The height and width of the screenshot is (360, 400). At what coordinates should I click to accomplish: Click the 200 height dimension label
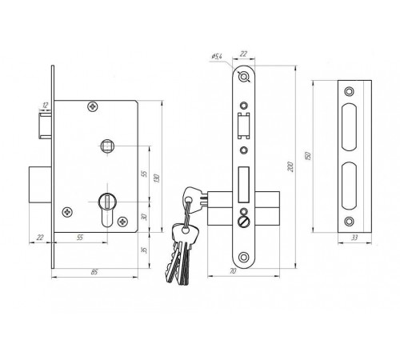pyautogui.click(x=291, y=166)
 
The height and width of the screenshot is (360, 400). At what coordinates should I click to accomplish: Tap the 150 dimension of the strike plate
pyautogui.click(x=307, y=156)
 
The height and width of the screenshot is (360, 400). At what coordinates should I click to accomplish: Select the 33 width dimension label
pyautogui.click(x=354, y=238)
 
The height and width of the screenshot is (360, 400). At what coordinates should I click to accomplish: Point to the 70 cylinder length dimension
pyautogui.click(x=233, y=271)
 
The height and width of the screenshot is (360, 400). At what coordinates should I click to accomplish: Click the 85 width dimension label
pyautogui.click(x=94, y=272)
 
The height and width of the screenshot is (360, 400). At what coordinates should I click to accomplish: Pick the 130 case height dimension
pyautogui.click(x=157, y=178)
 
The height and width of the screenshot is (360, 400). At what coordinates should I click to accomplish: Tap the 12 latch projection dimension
pyautogui.click(x=46, y=106)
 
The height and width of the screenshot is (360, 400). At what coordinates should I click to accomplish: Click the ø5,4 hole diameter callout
pyautogui.click(x=217, y=57)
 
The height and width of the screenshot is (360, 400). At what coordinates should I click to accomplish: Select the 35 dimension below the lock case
pyautogui.click(x=144, y=250)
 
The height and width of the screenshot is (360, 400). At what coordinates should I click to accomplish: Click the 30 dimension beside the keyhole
pyautogui.click(x=144, y=217)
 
